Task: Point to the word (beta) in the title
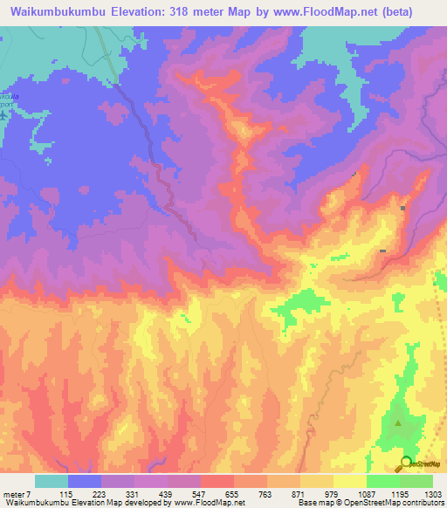pyautogui.click(x=391, y=12)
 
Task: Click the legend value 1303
pyautogui.click(x=433, y=495)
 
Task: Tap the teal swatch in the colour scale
pyautogui.click(x=52, y=481)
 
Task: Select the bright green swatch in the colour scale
pyautogui.click(x=383, y=481)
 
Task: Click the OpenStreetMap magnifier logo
pyautogui.click(x=407, y=464)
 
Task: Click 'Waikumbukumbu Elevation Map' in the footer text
pyautogui.click(x=61, y=503)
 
